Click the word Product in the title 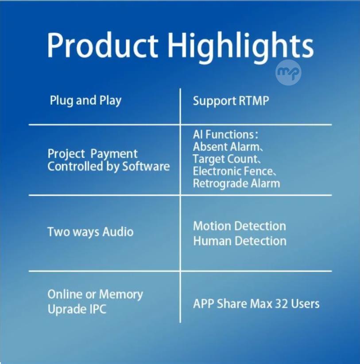point(102,45)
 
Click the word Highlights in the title point(240,47)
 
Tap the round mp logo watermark point(288,72)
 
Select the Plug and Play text point(85,101)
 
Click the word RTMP point(254,101)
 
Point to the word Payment point(114,154)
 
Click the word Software point(146,166)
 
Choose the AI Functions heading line point(225,134)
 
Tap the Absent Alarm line point(228,147)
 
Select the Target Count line point(227,159)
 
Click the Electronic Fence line point(234,171)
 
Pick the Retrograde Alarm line point(236,184)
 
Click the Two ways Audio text point(90,232)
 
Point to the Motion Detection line point(240,226)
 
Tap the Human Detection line point(240,241)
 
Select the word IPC point(97,309)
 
